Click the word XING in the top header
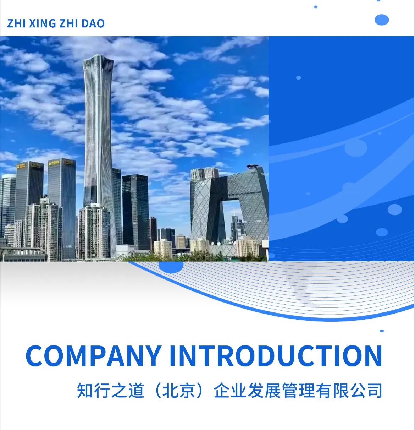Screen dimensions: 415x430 pyautogui.click(x=42, y=23)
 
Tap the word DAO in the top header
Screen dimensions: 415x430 pyautogui.click(x=93, y=23)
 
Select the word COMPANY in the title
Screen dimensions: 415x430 pyautogui.click(x=93, y=355)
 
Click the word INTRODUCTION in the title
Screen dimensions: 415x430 pyautogui.click(x=276, y=355)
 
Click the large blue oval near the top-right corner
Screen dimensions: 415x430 pyautogui.click(x=382, y=20)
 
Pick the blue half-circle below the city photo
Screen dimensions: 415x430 pyautogui.click(x=171, y=267)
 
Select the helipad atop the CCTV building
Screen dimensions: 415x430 pyautogui.click(x=253, y=166)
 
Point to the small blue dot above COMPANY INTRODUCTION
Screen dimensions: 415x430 pyautogui.click(x=382, y=331)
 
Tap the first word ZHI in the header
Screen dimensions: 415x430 pyautogui.click(x=16, y=23)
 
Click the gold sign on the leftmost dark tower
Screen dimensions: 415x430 pyautogui.click(x=21, y=165)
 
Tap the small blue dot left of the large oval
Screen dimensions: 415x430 pyautogui.click(x=316, y=7)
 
